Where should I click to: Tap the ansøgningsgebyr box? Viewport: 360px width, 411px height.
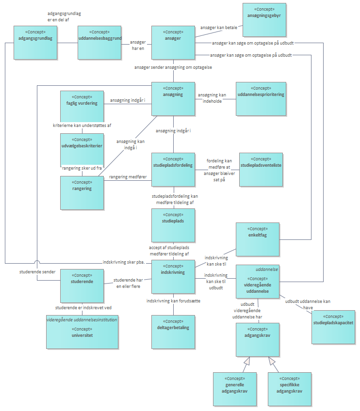tap(264, 19)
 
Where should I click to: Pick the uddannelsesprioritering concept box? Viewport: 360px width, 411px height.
tap(261, 98)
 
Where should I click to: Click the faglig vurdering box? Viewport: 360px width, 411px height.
tap(81, 106)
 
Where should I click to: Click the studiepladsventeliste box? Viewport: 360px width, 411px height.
tap(261, 170)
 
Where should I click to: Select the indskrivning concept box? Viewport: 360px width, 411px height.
tap(173, 276)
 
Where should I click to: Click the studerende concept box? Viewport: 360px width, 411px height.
tap(81, 285)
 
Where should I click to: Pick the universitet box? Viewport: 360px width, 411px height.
tap(82, 332)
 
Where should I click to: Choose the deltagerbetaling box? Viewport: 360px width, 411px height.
tap(173, 332)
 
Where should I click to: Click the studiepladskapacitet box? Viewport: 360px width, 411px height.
tap(333, 327)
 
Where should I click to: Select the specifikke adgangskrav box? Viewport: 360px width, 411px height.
tap(289, 388)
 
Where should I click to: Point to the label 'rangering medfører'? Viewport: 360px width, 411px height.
tap(127, 177)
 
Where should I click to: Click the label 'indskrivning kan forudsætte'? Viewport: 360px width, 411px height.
tap(173, 301)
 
